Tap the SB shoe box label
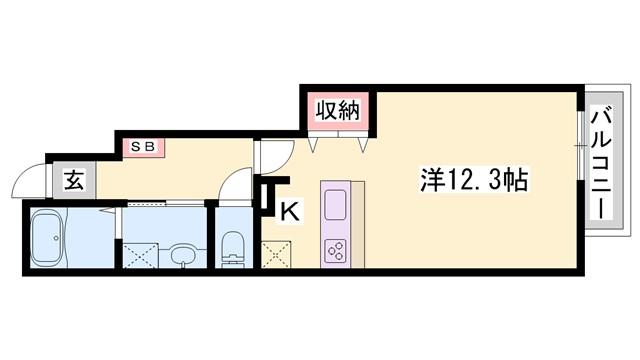(x=140, y=146)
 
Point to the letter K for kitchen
(x=288, y=211)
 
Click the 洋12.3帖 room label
(x=473, y=181)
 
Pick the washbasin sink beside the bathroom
(x=181, y=254)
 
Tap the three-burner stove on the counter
(x=335, y=250)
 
